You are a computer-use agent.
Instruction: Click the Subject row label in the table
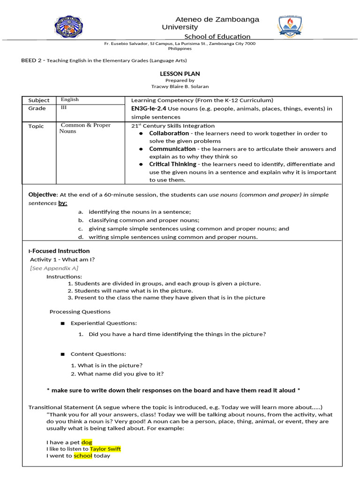38,100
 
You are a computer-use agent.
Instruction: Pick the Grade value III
64,107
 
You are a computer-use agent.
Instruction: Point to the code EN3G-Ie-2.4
148,109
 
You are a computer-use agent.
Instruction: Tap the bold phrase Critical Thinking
173,165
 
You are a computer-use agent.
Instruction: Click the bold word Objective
42,195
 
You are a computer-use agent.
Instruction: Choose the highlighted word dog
87,442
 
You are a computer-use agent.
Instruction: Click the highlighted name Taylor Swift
105,449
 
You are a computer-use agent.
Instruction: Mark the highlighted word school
83,456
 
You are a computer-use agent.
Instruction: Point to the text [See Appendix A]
54,268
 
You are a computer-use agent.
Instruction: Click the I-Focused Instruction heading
59,251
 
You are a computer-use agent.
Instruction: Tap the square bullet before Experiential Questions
62,323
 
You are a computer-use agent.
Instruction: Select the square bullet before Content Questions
62,354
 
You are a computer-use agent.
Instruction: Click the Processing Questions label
80,312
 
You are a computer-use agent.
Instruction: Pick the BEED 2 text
32,60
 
